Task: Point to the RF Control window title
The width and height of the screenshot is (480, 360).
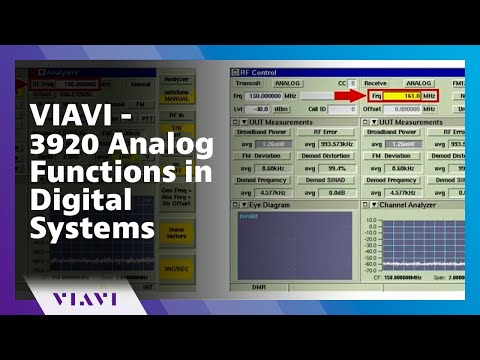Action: tap(259, 72)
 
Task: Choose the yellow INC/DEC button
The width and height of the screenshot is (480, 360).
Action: tap(177, 270)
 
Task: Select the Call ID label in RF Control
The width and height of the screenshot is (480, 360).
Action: tap(317, 108)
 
